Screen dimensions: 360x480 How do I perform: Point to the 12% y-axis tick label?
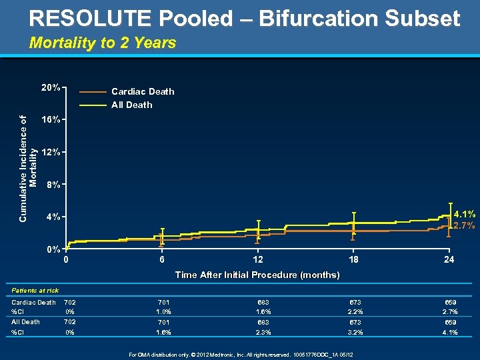click(x=51, y=152)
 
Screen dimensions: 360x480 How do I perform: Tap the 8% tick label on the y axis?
click(x=53, y=184)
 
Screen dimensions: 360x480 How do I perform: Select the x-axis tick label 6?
click(x=161, y=260)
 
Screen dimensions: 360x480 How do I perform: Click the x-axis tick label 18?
click(x=353, y=260)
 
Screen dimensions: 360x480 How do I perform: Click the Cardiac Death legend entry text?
click(x=143, y=91)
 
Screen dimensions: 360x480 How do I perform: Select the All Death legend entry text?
click(x=131, y=105)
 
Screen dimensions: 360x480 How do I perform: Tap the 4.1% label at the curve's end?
click(x=464, y=215)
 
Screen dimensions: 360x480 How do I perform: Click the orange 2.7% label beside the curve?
click(x=464, y=225)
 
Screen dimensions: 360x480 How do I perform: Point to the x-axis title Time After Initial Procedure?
click(x=257, y=275)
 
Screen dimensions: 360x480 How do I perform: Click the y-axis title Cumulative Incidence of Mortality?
click(x=29, y=151)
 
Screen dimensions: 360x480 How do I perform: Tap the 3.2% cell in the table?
click(x=355, y=332)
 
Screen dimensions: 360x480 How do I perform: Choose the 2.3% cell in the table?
click(x=259, y=332)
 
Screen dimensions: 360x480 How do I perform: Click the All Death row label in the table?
click(x=25, y=322)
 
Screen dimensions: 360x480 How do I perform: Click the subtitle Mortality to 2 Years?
click(x=103, y=43)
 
